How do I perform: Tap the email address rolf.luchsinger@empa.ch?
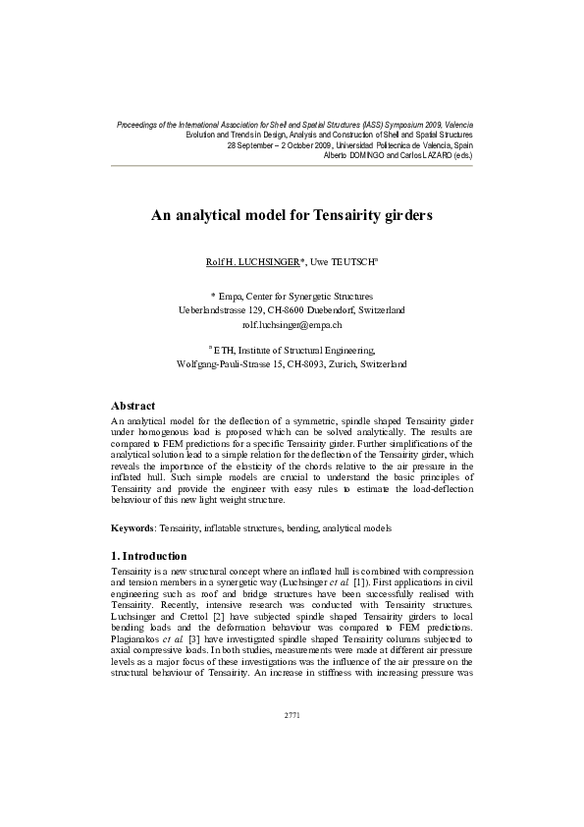[x=292, y=323]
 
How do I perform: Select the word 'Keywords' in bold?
[x=134, y=528]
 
